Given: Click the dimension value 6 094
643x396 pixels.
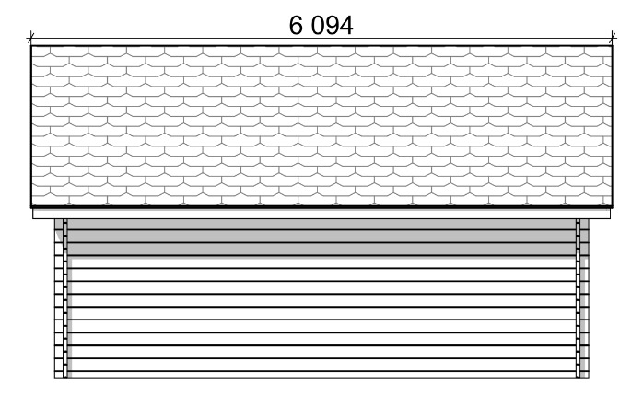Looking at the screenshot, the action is (321, 26).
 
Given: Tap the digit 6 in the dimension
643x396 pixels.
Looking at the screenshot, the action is (296, 26).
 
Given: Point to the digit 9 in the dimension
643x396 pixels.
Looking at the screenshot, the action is (333, 26).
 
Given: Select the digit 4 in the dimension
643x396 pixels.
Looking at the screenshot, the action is (346, 26).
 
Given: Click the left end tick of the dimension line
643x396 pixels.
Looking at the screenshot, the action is (31, 39).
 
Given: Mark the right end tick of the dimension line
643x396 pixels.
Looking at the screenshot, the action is (613, 39).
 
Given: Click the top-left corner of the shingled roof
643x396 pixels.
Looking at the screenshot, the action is (31, 46).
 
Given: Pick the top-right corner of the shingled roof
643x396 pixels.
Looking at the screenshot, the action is (613, 46).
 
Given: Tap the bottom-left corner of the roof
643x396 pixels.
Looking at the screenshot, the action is (31, 206).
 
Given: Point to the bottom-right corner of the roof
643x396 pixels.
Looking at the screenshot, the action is (613, 206).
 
